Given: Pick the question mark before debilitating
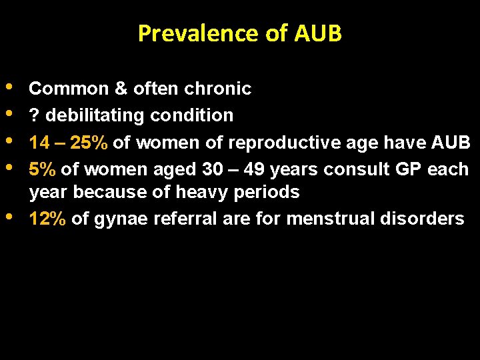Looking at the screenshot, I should pyautogui.click(x=34, y=115).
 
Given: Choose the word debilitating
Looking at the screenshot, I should pyautogui.click(x=95, y=115).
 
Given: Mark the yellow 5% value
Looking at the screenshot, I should pyautogui.click(x=43, y=169).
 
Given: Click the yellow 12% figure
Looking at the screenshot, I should pyautogui.click(x=47, y=219).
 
